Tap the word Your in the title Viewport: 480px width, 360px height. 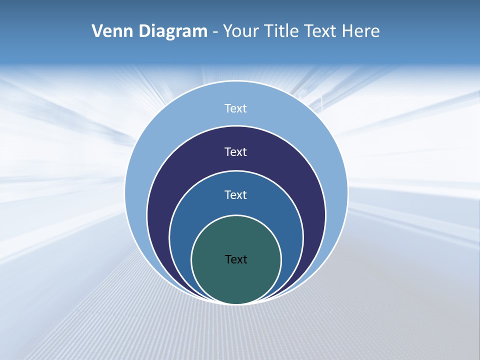pos(241,31)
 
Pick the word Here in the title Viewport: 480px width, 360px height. pos(360,31)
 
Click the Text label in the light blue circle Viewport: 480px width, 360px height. pos(236,108)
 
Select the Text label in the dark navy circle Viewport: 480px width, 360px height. pos(236,152)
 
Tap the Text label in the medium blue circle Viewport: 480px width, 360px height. pos(236,195)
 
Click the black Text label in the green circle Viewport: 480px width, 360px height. pos(236,259)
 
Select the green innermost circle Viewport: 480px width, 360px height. pos(236,280)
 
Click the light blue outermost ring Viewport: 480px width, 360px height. pos(150,150)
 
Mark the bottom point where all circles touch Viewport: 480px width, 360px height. pos(236,303)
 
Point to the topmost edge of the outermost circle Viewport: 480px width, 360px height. pos(236,81)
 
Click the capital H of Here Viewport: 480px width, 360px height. pos(347,31)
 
